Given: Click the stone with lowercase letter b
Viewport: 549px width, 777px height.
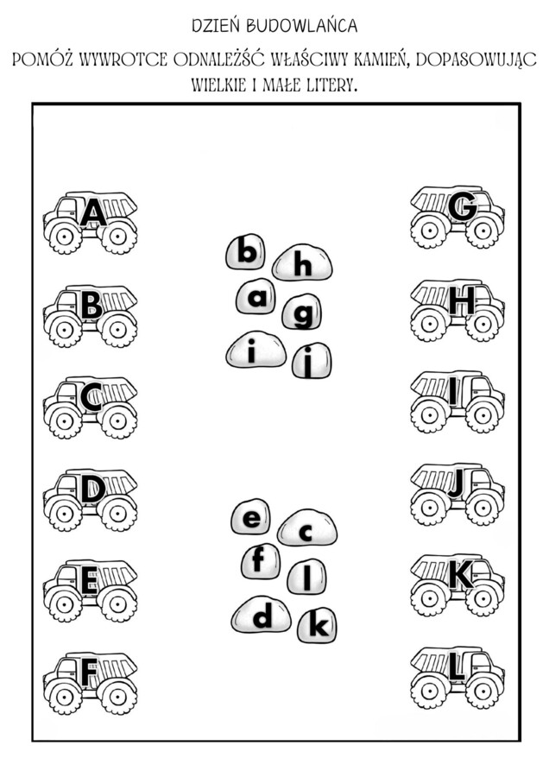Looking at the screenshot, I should tap(246, 253).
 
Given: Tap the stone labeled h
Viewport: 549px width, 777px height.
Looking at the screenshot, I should tap(302, 264).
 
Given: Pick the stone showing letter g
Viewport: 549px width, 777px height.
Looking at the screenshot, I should tap(302, 313).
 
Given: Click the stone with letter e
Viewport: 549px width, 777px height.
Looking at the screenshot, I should tap(251, 519).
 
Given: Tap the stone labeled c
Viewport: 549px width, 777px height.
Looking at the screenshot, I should tap(306, 530).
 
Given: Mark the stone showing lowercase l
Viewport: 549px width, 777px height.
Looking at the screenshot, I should tap(306, 576).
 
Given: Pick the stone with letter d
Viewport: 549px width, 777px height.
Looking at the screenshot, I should tap(262, 615).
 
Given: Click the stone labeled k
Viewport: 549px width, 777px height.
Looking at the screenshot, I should tap(317, 625).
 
